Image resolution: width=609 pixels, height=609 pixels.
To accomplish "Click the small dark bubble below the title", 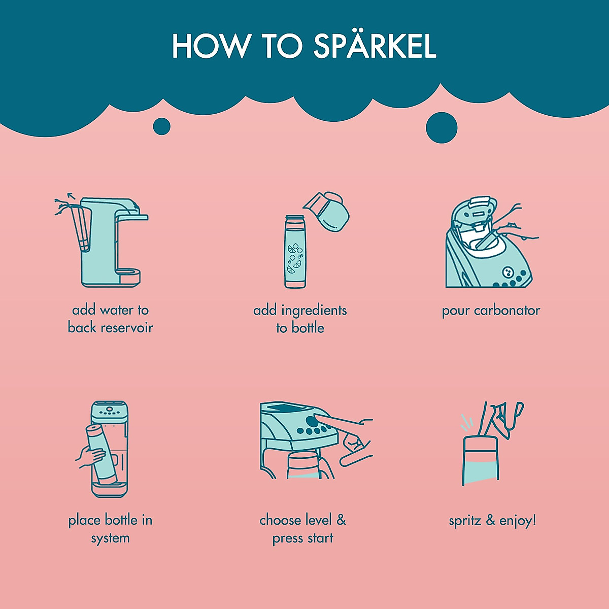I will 161,126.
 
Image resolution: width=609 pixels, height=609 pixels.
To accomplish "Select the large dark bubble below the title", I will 441,127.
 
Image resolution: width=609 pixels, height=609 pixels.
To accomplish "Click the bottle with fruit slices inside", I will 295,252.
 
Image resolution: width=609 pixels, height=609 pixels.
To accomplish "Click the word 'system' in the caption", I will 110,538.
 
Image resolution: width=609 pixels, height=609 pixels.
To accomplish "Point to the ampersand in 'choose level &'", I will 341,520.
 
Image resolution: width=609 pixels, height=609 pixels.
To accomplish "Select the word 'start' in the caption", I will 320,538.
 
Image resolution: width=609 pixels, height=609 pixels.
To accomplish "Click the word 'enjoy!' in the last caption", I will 518,521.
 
